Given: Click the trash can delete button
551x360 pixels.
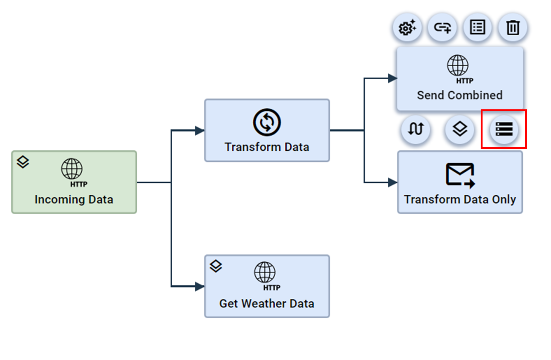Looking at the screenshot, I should (513, 27).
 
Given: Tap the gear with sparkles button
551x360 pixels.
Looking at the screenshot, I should (407, 27).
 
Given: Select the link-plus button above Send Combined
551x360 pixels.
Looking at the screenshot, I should (442, 27).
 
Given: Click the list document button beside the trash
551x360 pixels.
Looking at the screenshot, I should (477, 27).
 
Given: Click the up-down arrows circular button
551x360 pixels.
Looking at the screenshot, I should (416, 129).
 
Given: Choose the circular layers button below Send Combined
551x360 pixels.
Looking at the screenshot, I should (460, 129).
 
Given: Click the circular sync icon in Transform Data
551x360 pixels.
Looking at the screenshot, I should (267, 122).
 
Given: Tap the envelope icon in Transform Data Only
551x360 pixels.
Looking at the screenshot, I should (460, 175).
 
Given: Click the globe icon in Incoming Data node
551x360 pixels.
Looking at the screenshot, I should (72, 169).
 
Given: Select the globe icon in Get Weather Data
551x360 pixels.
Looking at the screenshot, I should (265, 272).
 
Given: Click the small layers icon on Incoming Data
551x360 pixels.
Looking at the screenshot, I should (23, 162).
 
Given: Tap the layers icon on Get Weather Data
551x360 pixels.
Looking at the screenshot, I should (216, 266).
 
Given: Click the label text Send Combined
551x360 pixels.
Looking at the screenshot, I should (460, 95).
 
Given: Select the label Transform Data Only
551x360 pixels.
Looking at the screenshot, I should (460, 199).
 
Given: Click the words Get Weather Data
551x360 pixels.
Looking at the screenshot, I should (267, 303).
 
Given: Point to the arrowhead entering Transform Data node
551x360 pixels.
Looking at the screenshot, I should (200, 130).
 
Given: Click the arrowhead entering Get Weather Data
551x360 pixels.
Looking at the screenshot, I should (200, 286).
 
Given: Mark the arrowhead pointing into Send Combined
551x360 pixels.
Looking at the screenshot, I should (392, 78).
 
